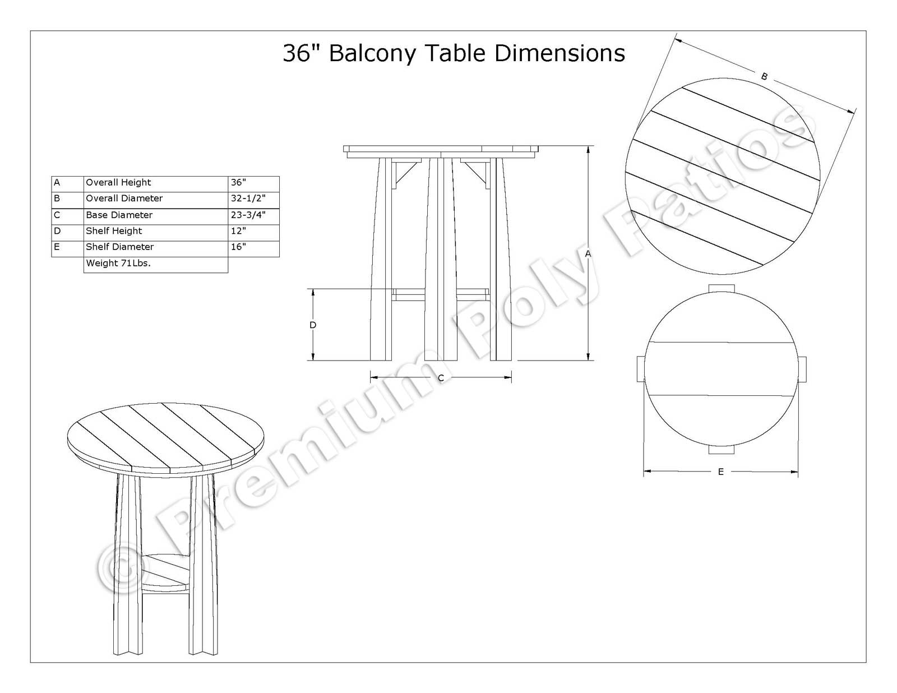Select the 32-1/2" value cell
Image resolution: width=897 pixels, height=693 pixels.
tap(253, 198)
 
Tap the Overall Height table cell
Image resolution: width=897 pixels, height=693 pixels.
tap(156, 183)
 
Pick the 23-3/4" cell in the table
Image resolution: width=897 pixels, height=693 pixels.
tap(253, 215)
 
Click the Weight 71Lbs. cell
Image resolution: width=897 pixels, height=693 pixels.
tap(156, 264)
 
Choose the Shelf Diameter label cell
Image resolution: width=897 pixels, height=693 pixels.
tap(156, 247)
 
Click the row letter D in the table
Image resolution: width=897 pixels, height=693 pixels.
tap(57, 231)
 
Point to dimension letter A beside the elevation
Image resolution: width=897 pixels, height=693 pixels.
tap(588, 254)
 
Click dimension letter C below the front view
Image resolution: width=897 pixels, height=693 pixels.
tap(441, 378)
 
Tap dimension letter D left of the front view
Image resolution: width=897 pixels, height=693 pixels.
tap(313, 325)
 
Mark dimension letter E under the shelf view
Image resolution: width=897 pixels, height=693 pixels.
tap(721, 472)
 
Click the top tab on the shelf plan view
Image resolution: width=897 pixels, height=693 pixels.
tap(722, 288)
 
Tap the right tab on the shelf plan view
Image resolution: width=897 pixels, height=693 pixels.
tap(802, 368)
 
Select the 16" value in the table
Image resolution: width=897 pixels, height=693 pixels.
tap(253, 247)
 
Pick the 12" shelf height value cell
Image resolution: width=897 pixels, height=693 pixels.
tap(253, 231)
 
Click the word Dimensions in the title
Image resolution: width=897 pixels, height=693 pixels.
tap(560, 54)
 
